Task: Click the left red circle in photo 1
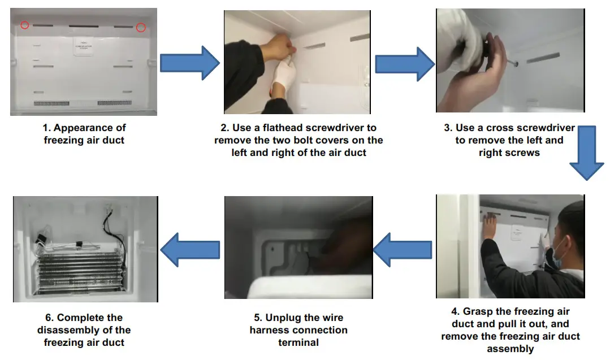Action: pyautogui.click(x=24, y=25)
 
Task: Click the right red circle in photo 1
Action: pyautogui.click(x=141, y=27)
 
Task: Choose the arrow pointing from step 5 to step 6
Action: pyautogui.click(x=190, y=248)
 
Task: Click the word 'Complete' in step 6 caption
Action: pyautogui.click(x=89, y=318)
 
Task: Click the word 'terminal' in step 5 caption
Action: pyautogui.click(x=298, y=342)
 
